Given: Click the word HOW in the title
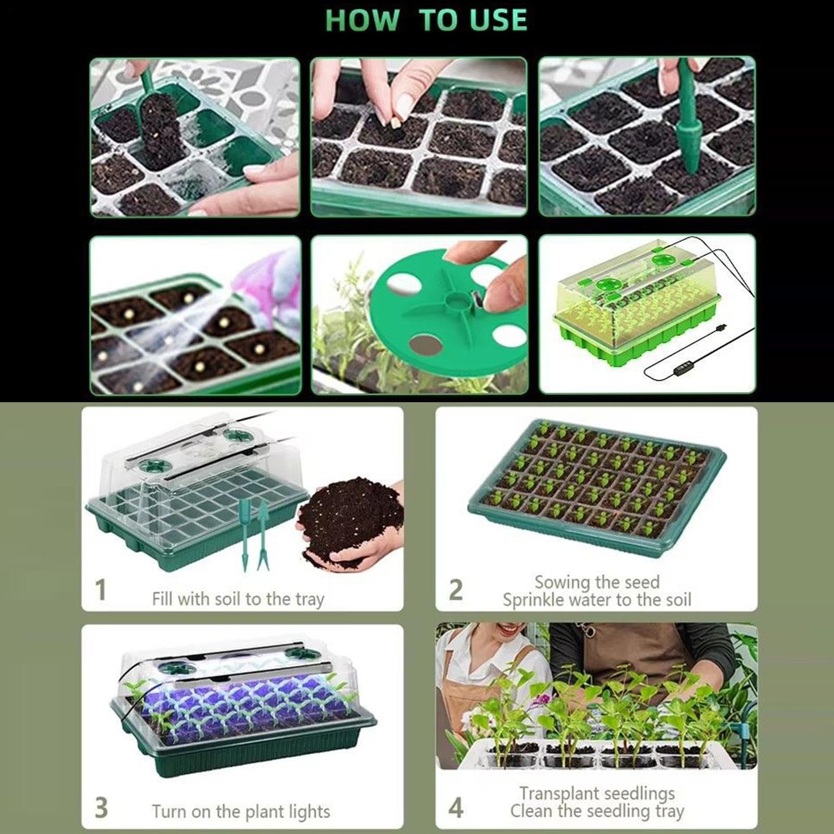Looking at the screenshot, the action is pos(362,20).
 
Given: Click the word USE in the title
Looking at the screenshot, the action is pos(499,20).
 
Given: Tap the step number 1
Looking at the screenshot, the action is pos(101,590).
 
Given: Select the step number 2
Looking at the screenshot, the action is pos(456,590).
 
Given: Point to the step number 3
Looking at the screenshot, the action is pos(101,808).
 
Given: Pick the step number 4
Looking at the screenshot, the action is pos(456,808).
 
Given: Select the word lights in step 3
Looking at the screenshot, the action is pos(310,811).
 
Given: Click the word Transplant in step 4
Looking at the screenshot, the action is pos(563,793).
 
